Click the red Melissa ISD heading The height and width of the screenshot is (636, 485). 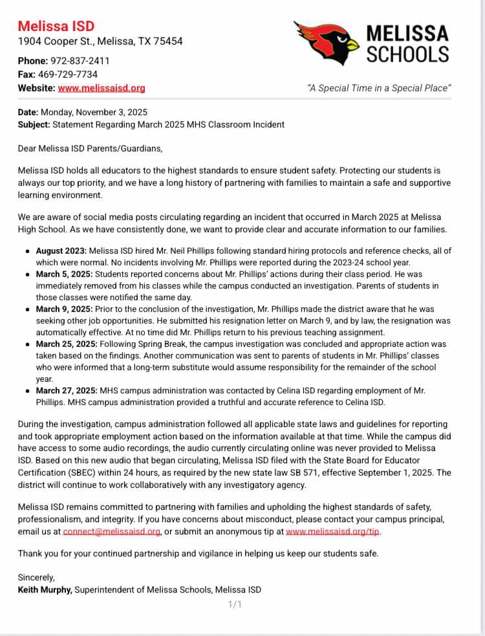(x=56, y=26)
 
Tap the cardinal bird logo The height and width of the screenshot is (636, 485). (x=327, y=41)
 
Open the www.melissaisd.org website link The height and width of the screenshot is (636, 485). (x=102, y=88)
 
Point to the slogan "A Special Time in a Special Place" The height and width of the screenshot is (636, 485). (x=379, y=88)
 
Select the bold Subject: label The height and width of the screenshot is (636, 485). (x=34, y=124)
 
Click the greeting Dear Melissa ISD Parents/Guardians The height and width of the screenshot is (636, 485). (x=90, y=148)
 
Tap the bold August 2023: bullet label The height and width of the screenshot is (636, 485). (x=61, y=250)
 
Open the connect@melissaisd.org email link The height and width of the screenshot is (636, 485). (x=111, y=531)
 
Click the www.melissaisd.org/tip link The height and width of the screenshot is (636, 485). (x=333, y=531)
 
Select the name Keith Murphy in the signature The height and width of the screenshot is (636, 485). (x=45, y=589)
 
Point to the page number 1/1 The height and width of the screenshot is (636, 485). (x=235, y=604)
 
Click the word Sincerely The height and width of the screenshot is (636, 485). (x=36, y=577)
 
